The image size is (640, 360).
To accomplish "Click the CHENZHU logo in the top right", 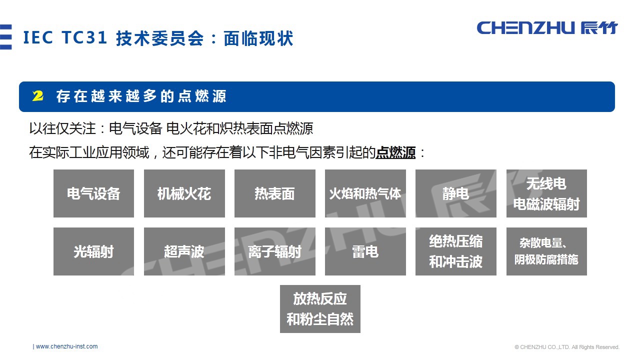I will pos(547,27).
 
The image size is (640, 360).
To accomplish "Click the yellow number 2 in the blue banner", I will pos(38,96).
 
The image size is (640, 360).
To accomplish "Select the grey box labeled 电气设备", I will pos(93,193).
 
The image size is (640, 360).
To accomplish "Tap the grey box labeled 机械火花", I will pos(184,193).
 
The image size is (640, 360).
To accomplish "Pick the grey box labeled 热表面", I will pos(274,193).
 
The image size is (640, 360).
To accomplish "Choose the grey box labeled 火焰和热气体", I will pos(365,193).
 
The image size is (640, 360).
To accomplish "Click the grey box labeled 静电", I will pos(455,193).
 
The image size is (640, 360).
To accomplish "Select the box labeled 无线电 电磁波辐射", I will pos(546,193).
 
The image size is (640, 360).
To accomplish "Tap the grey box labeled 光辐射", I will pos(93,251).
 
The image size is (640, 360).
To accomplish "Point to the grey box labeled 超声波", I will pos(184,251).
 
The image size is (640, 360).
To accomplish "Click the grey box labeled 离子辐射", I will pos(274,251).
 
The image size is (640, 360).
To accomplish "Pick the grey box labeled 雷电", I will pos(365,251).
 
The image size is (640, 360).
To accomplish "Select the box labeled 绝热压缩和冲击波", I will pos(455,251).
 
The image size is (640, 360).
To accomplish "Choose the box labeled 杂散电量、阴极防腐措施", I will pos(546,251).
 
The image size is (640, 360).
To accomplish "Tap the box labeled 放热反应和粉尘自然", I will pos(320,309).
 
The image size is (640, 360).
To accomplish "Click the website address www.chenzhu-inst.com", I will pos(66,346).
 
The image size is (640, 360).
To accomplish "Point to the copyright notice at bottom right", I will pos(567,347).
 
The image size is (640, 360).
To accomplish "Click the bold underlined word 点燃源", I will pos(395,152).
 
